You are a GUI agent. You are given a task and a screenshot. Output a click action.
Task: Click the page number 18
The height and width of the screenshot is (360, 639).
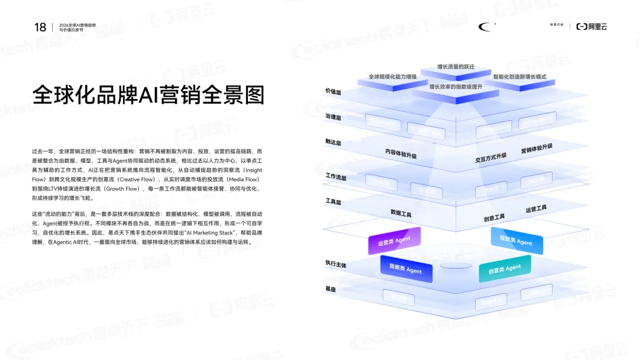[x=40, y=27]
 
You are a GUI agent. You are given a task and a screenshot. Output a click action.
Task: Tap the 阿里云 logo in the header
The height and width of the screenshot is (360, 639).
[x=592, y=27]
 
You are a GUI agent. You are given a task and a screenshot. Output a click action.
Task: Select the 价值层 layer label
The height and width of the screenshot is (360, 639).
[x=334, y=92]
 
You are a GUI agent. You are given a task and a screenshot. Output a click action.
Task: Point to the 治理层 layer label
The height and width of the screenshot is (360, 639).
[x=334, y=118]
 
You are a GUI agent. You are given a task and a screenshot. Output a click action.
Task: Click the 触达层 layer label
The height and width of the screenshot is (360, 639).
[x=334, y=143]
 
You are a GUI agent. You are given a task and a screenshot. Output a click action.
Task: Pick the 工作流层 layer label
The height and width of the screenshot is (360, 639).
[x=335, y=176]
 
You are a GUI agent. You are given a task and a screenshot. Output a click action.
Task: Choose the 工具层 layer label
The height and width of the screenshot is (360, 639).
[x=334, y=202]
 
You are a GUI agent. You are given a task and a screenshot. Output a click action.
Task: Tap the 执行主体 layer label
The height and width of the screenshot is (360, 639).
[x=335, y=263]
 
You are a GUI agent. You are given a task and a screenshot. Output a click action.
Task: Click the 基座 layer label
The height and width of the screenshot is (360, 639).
[x=330, y=289]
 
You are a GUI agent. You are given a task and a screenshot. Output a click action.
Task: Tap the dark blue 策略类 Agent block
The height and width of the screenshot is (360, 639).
[x=406, y=269]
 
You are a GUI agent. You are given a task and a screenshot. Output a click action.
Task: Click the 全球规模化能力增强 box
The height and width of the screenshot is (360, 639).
[x=393, y=77]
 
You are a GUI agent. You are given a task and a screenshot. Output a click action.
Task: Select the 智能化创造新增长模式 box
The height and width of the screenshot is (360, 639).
[x=519, y=78]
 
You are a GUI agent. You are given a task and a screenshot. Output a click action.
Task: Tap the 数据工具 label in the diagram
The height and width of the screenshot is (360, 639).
[x=401, y=213]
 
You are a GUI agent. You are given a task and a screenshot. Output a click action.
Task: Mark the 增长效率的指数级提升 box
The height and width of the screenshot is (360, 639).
[x=456, y=87]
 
